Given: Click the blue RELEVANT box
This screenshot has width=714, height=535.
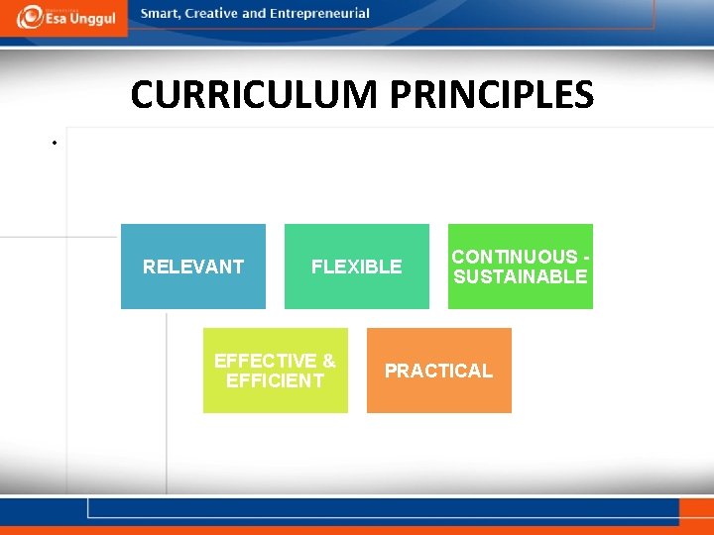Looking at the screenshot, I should click(193, 267).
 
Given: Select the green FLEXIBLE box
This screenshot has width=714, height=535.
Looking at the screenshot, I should click(357, 267).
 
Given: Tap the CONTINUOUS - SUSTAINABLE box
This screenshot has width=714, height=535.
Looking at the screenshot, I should click(521, 267).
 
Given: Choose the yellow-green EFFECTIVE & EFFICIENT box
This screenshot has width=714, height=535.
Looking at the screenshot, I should click(276, 371).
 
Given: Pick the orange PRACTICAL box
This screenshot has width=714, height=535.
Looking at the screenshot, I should click(439, 371).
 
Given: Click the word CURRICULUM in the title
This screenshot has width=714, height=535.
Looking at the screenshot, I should click(255, 95).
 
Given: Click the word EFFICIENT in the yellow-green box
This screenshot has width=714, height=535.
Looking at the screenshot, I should click(276, 380).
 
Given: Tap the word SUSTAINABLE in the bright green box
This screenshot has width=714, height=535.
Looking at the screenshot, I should click(521, 276).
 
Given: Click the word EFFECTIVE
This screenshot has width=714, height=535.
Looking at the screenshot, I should click(265, 361).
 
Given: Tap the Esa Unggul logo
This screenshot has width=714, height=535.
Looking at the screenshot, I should click(64, 17).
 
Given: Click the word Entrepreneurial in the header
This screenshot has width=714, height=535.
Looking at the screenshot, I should click(319, 14).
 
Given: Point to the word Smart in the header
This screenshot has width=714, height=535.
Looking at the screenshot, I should click(161, 14).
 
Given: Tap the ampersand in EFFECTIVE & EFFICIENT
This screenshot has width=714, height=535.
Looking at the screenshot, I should click(328, 361).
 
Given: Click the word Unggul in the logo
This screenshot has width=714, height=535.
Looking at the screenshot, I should click(92, 19).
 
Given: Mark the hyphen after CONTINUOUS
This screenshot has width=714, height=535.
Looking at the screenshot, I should click(587, 257).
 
